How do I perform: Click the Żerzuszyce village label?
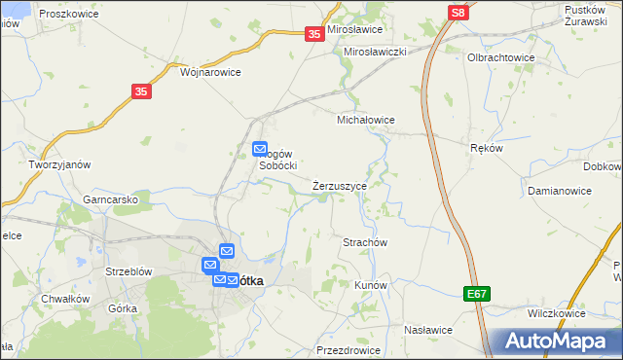tap(340, 185)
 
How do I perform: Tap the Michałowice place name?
tap(365, 120)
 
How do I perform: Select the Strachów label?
tap(365, 241)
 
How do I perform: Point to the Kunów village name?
tap(371, 285)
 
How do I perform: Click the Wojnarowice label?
tap(210, 71)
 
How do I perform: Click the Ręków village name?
tap(486, 148)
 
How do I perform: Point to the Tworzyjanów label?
tap(59, 164)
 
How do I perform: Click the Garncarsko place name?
tap(110, 199)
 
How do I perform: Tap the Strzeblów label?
tap(128, 271)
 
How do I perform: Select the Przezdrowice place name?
tap(346, 350)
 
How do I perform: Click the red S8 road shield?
tap(458, 12)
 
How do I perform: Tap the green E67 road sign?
tap(476, 293)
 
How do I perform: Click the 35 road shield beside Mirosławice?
tap(313, 34)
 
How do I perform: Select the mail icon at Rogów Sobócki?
tap(260, 149)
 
